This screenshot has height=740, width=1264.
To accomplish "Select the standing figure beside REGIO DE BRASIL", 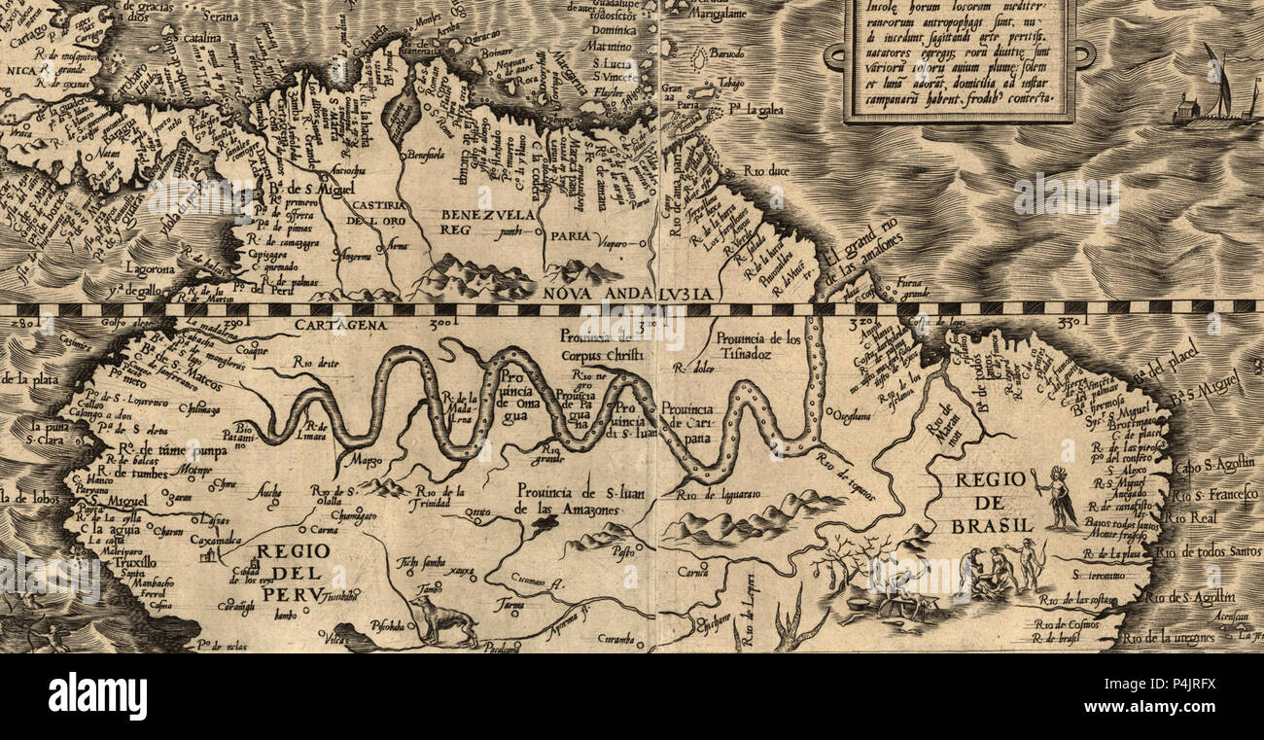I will click(x=1059, y=499).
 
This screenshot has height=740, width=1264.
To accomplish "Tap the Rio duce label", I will click(x=766, y=171).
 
